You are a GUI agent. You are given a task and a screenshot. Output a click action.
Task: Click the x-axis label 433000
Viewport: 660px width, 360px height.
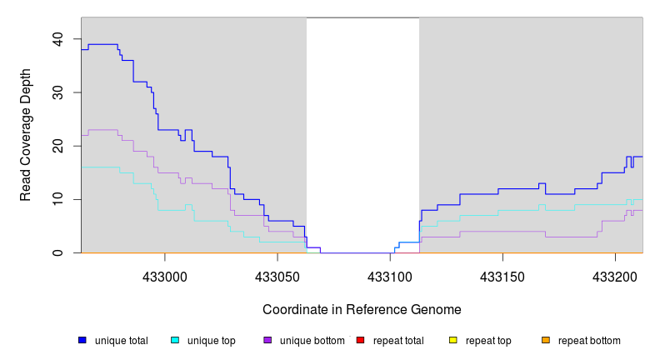pyautogui.click(x=166, y=274)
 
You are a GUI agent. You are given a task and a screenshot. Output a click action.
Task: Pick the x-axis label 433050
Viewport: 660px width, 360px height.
pyautogui.click(x=278, y=274)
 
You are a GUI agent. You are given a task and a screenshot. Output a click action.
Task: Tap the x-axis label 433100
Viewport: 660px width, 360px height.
pyautogui.click(x=391, y=274)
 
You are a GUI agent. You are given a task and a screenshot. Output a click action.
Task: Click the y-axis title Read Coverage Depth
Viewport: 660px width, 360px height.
pyautogui.click(x=26, y=146)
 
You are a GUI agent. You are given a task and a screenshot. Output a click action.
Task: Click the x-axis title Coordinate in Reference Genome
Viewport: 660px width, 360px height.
pyautogui.click(x=362, y=309)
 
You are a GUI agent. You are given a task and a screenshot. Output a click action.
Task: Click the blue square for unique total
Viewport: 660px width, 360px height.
pyautogui.click(x=82, y=340)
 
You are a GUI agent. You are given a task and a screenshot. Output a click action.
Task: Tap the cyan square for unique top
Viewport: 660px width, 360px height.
pyautogui.click(x=175, y=340)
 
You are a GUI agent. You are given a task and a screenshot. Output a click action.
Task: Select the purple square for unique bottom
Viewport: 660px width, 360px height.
pyautogui.click(x=267, y=340)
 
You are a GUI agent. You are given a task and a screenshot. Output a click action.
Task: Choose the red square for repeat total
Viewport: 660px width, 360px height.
pyautogui.click(x=360, y=340)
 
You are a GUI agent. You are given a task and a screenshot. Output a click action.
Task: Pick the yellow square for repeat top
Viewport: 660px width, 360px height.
pyautogui.click(x=453, y=340)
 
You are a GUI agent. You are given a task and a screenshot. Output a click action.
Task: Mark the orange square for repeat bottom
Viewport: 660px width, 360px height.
pyautogui.click(x=546, y=340)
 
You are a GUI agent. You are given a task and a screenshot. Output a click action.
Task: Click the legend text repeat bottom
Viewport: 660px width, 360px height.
pyautogui.click(x=589, y=341)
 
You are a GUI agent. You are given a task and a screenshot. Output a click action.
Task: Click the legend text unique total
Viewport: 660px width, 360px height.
pyautogui.click(x=122, y=341)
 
